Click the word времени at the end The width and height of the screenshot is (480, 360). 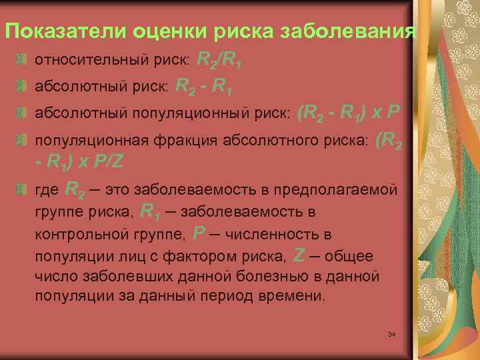tap(294, 295)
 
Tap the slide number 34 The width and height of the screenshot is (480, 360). tap(391, 333)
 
